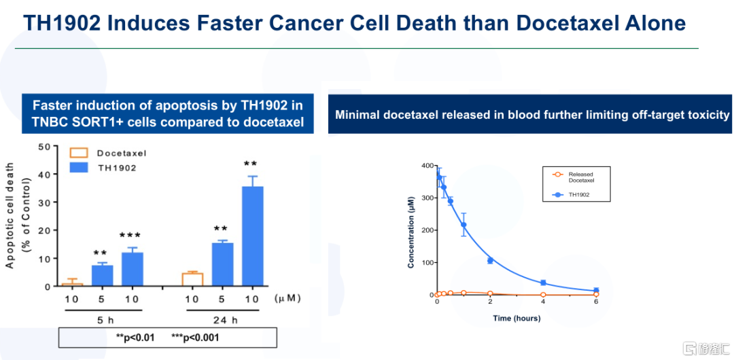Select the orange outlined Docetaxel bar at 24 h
click(192, 279)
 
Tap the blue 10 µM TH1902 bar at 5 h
click(132, 269)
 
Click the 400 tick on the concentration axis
click(426, 165)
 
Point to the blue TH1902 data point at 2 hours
click(489, 261)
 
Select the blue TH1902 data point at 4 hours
click(543, 283)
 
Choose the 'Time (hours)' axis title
click(517, 318)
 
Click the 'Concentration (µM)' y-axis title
click(412, 230)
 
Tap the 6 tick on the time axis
click(596, 303)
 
